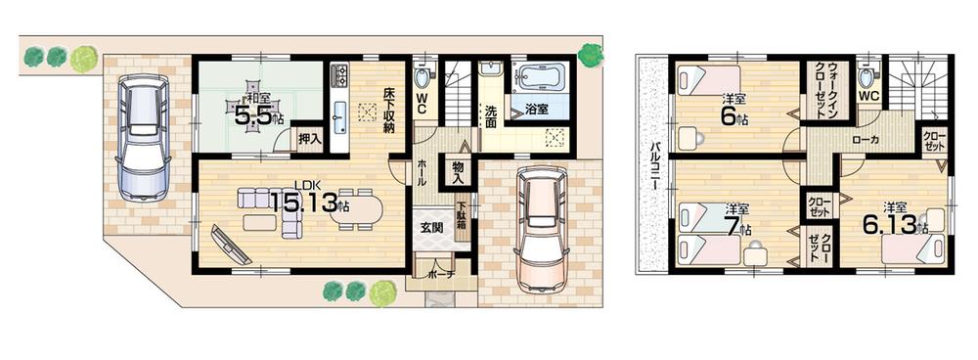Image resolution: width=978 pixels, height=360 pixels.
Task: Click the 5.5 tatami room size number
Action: click(253, 113)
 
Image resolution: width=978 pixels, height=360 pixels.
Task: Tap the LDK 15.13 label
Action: click(309, 202)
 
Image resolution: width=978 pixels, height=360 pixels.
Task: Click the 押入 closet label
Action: click(309, 140)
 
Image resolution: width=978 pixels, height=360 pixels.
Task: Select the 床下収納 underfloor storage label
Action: click(388, 110)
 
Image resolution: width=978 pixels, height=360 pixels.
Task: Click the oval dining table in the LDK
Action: click(358, 210)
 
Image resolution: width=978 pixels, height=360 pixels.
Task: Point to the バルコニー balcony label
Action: click(652, 166)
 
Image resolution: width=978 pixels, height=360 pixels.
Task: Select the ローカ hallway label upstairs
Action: click(865, 140)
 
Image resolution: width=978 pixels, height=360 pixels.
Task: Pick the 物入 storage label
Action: click(457, 171)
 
